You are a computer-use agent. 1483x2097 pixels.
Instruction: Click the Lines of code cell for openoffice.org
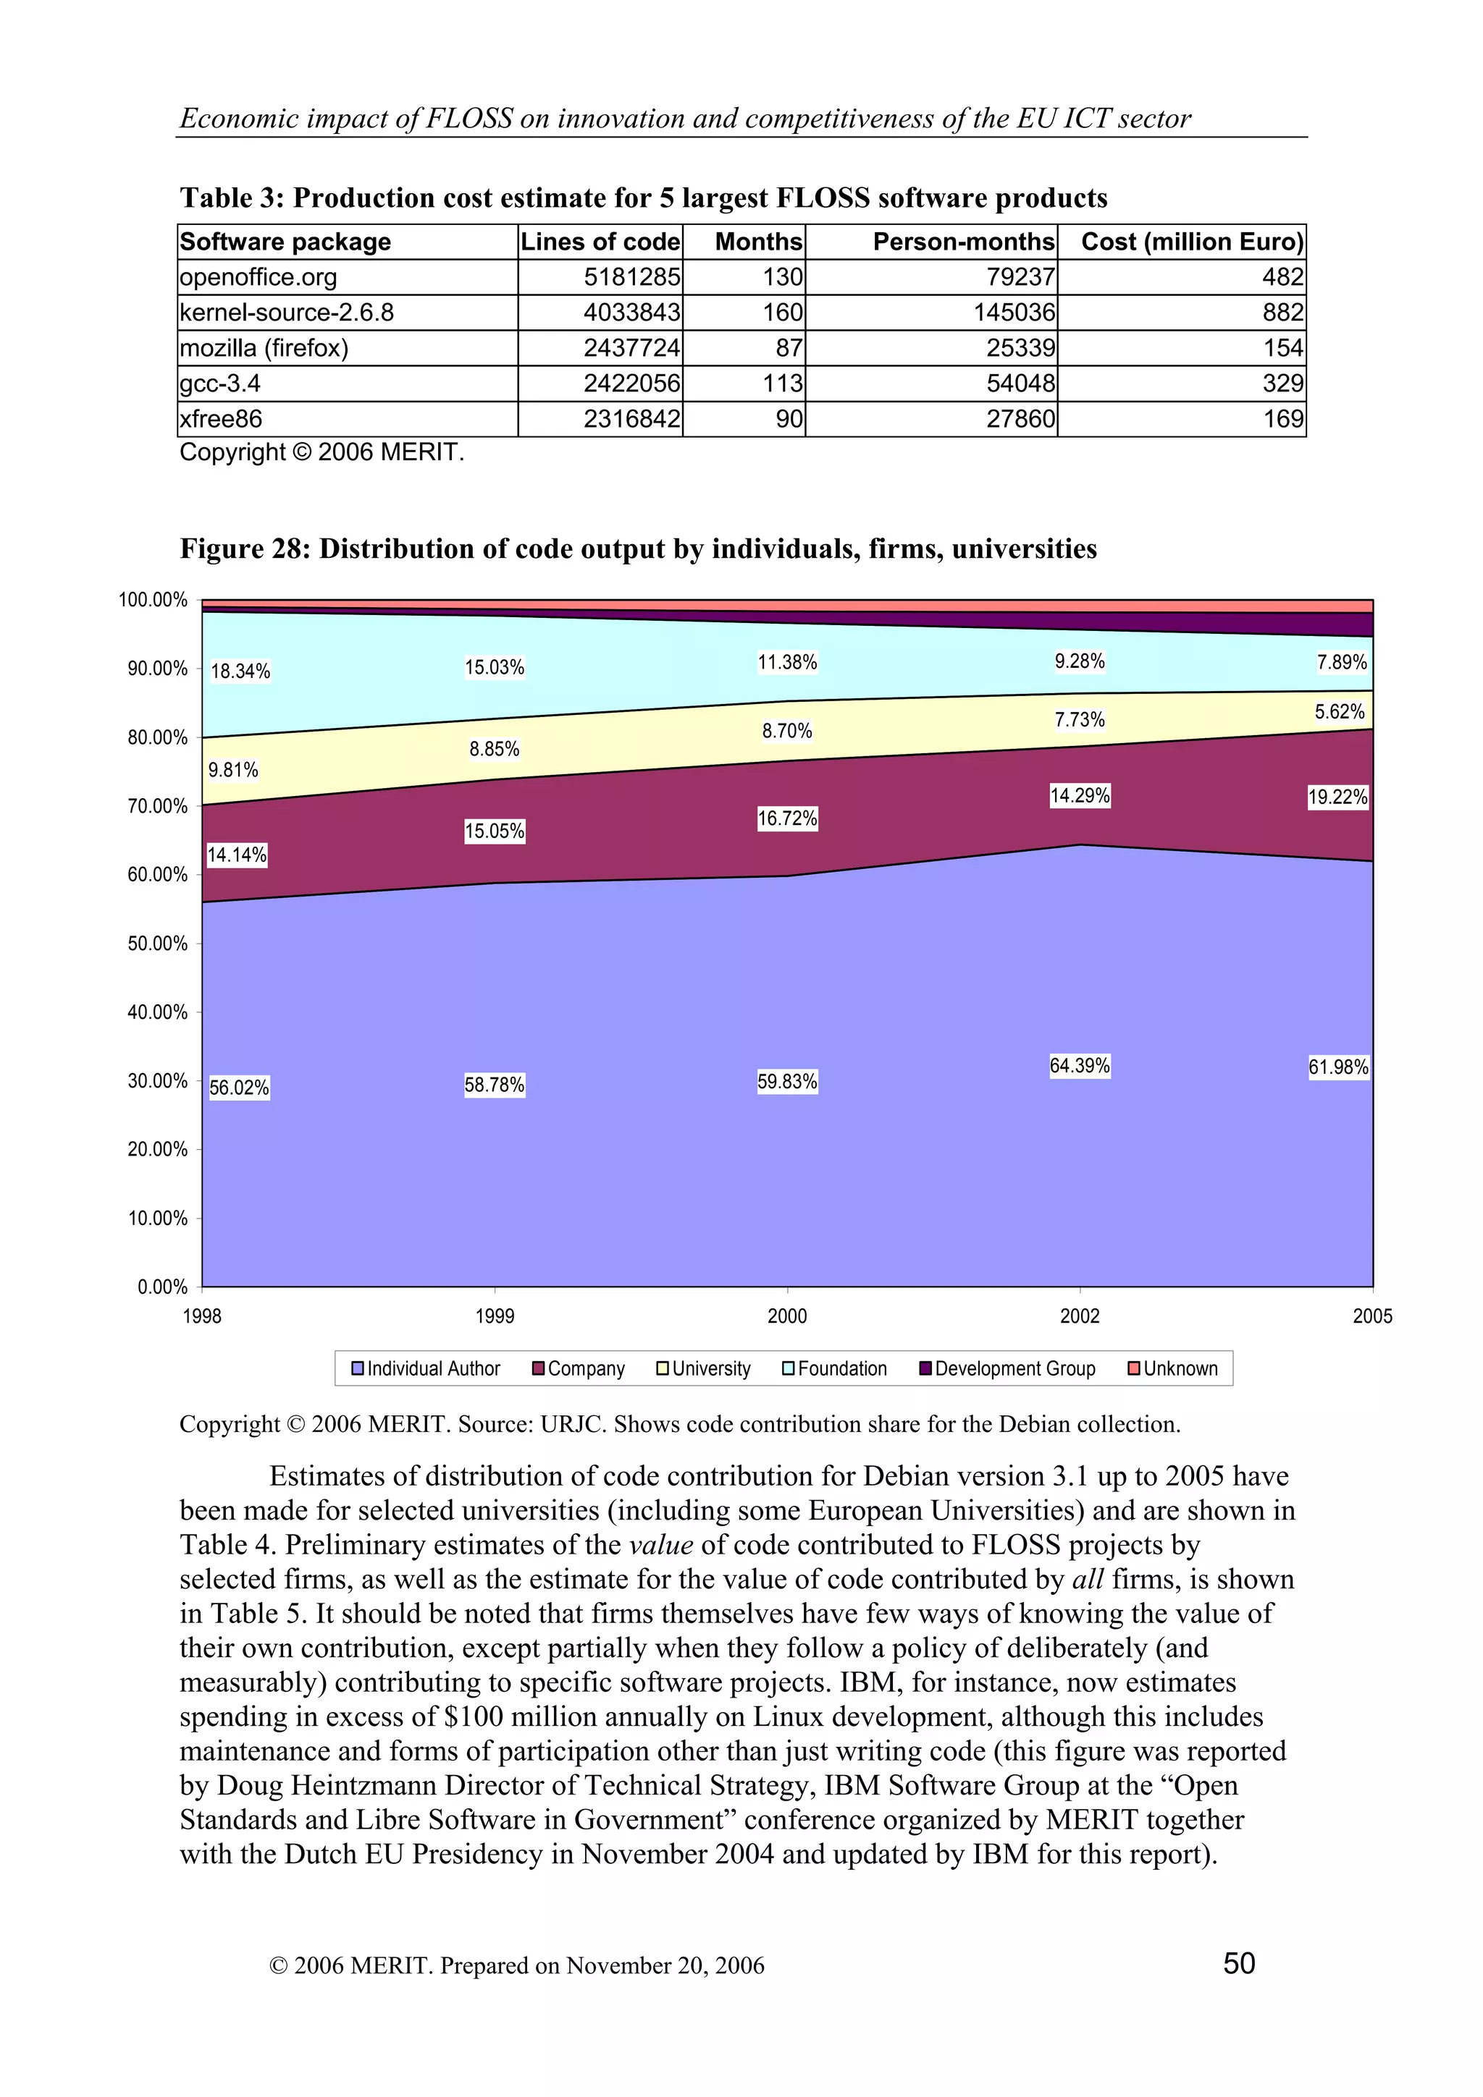631,276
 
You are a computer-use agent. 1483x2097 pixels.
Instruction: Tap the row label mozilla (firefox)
264,348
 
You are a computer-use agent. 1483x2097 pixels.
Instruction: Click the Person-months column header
963,242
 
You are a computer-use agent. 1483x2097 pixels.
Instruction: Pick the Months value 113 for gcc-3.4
782,384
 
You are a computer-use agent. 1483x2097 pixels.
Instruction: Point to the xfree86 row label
221,419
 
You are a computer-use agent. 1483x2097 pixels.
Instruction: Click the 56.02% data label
240,1087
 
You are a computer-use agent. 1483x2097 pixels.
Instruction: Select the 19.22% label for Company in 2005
1337,797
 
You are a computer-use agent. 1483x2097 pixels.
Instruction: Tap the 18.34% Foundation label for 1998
240,672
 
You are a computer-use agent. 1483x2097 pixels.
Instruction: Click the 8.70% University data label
786,731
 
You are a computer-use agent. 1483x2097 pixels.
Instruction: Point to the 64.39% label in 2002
1079,1066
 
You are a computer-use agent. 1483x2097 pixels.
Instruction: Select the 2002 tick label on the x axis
1079,1316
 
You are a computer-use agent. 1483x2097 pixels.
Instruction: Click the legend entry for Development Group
1007,1368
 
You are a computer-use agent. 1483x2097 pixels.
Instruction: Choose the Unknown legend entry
1173,1368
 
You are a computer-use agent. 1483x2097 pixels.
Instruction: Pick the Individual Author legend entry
426,1368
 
